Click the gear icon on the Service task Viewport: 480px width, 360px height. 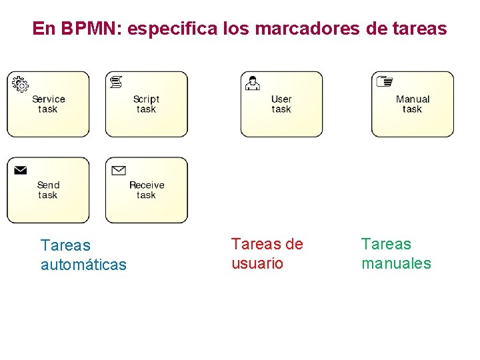[21, 84]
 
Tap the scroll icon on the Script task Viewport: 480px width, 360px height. [117, 82]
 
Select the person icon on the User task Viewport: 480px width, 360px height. [253, 83]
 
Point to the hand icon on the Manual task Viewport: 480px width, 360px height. [385, 81]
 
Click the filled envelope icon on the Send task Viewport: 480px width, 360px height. [21, 170]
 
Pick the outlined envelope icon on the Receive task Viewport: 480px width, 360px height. [119, 170]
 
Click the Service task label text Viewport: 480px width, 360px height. [48, 104]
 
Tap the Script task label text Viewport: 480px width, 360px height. [146, 104]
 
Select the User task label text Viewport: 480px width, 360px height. [281, 104]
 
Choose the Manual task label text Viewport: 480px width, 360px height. [412, 104]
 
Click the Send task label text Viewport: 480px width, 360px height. [48, 190]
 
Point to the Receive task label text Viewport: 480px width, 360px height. [147, 190]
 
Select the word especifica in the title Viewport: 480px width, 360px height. [167, 29]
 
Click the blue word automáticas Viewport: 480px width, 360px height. [83, 265]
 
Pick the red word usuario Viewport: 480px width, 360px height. [257, 263]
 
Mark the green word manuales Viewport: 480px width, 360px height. [396, 263]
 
